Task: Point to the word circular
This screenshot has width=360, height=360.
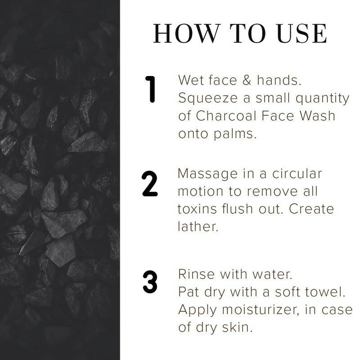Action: coord(299,174)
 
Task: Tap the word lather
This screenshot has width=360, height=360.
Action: coord(198,227)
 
